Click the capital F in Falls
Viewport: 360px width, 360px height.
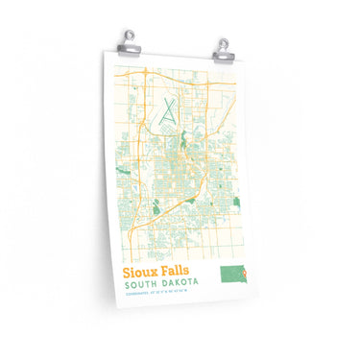pos(165,274)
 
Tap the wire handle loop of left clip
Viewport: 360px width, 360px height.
pos(133,32)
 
